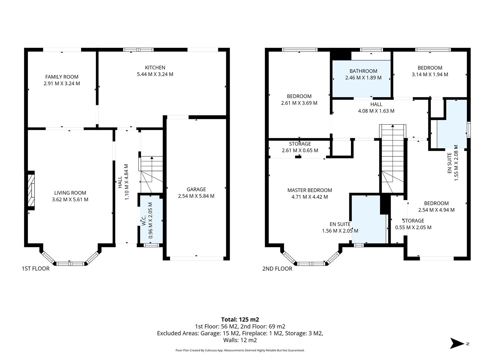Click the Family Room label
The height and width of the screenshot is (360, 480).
click(x=62, y=77)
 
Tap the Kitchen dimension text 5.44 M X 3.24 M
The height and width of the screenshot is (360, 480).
click(x=155, y=74)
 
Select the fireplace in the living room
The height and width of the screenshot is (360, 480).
click(x=31, y=190)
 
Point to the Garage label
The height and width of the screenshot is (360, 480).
click(x=196, y=189)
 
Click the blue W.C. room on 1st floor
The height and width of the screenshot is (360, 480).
click(x=151, y=220)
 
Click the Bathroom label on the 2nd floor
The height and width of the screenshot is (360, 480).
click(x=363, y=71)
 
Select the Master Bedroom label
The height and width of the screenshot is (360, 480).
click(x=310, y=190)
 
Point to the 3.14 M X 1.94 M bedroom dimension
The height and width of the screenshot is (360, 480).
click(x=430, y=74)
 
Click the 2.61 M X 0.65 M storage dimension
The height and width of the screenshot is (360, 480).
click(x=300, y=150)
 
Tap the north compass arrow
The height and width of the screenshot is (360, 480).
click(x=457, y=343)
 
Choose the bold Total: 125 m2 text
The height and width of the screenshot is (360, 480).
click(x=240, y=319)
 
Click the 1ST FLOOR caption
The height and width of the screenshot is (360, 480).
click(x=35, y=269)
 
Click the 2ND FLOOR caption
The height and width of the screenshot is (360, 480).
click(x=277, y=269)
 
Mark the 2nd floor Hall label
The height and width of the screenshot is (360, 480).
click(x=376, y=104)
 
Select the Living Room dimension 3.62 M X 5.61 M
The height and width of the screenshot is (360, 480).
click(x=70, y=200)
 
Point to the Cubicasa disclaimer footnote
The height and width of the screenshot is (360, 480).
click(x=240, y=350)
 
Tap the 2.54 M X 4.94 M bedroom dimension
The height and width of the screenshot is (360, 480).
click(x=436, y=210)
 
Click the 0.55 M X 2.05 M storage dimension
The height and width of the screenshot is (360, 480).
click(x=413, y=228)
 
